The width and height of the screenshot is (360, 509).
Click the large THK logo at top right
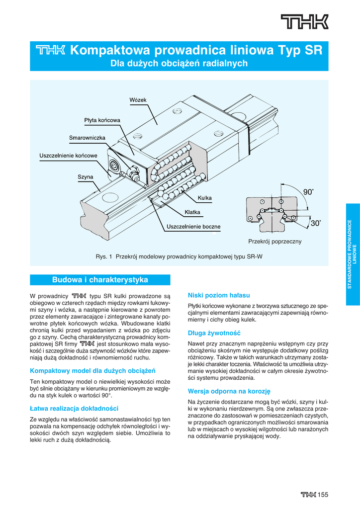pos(304,22)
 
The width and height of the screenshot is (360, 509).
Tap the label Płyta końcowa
pos(102,120)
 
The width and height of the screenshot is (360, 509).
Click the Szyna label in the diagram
pos(85,176)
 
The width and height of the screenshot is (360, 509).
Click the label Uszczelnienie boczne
pos(193,227)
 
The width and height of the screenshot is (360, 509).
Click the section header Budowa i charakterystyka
pos(100,280)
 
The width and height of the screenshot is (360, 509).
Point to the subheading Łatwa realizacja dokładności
pos(74,408)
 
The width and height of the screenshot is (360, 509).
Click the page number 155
pos(323,494)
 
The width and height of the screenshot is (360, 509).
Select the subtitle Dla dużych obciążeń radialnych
pos(179,64)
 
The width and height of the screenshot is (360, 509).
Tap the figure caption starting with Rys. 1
pos(179,256)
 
